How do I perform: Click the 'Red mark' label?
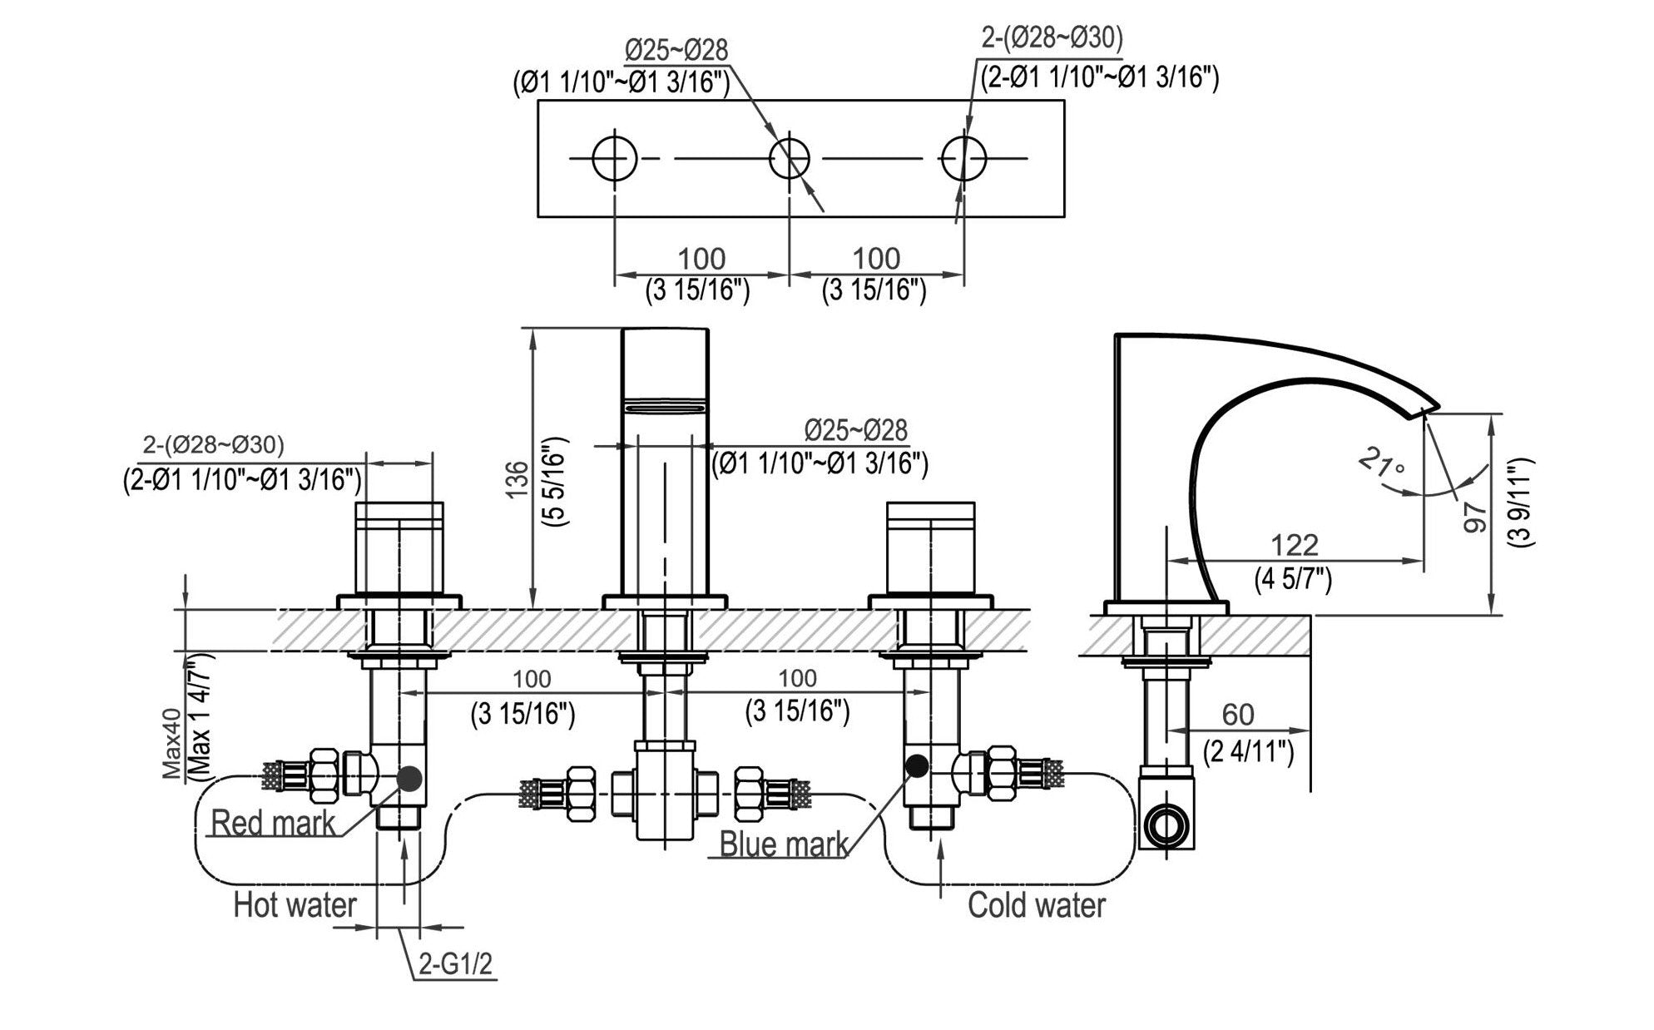click(272, 823)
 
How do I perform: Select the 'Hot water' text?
click(295, 904)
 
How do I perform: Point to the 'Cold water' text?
click(1036, 904)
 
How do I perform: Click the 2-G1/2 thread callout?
click(455, 964)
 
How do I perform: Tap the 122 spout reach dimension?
click(1295, 545)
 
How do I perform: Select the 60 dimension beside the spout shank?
click(1237, 715)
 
